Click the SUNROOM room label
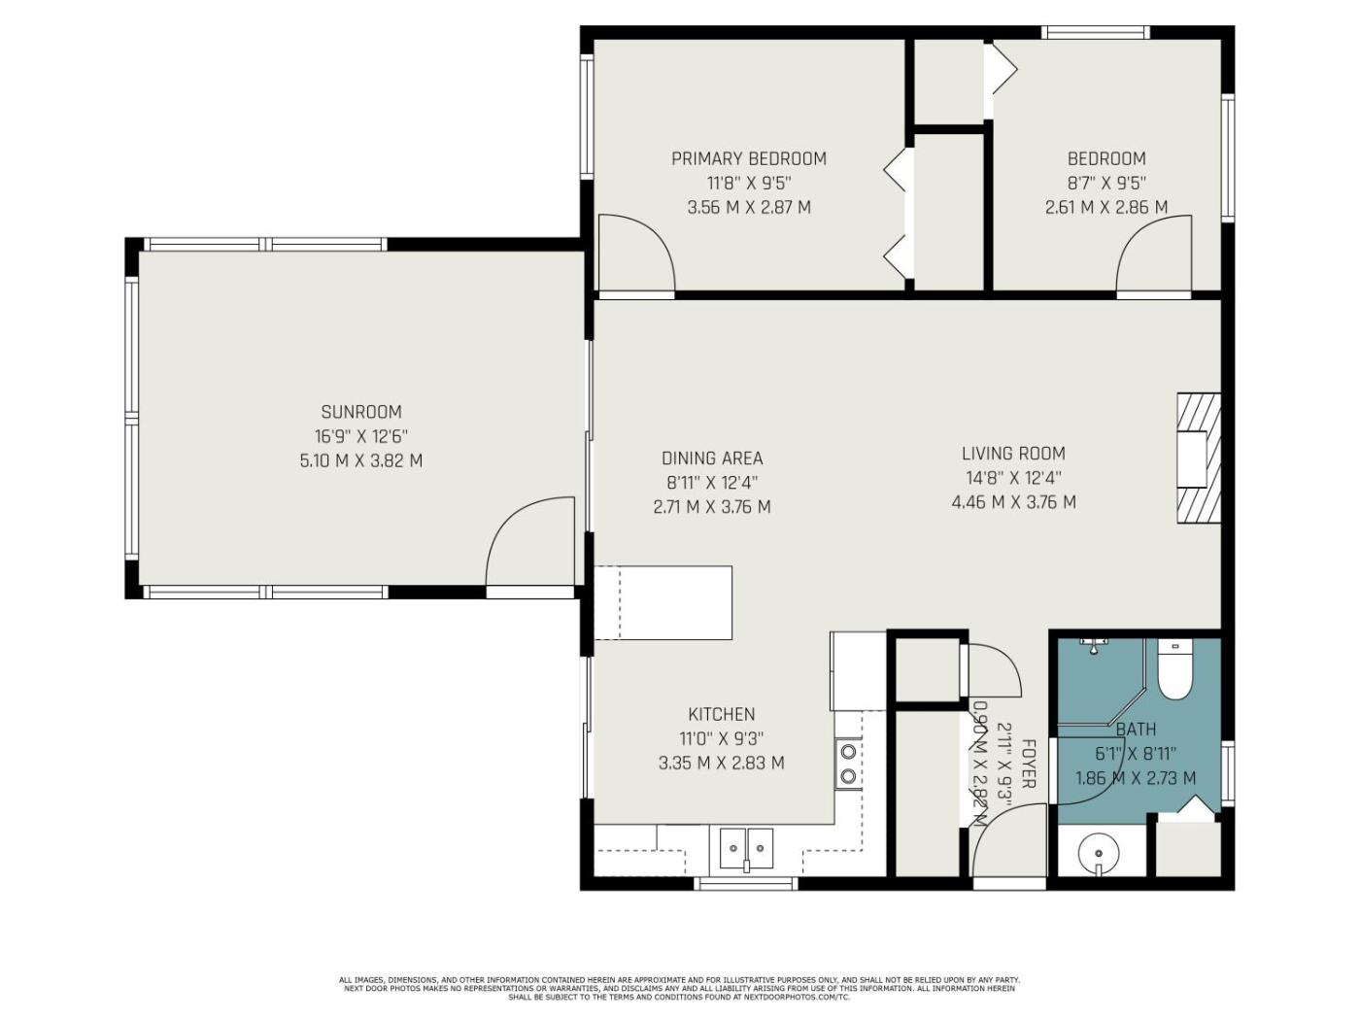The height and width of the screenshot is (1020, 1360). click(x=361, y=412)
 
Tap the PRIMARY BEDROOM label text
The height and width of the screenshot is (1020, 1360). click(x=749, y=158)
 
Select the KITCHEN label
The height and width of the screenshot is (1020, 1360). click(x=722, y=715)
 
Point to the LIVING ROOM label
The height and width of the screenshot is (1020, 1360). click(x=1013, y=454)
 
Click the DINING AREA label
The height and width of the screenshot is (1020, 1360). click(x=712, y=459)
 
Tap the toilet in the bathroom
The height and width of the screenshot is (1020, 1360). click(x=1174, y=669)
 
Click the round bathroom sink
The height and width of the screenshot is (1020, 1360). click(x=1099, y=854)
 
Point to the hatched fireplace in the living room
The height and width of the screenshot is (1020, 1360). click(x=1199, y=459)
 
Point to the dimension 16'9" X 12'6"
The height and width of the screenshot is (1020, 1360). click(x=361, y=436)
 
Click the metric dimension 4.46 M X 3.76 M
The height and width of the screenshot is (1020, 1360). click(x=1013, y=502)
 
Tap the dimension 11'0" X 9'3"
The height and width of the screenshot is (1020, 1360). click(x=722, y=739)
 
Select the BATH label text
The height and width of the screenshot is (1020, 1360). click(x=1136, y=730)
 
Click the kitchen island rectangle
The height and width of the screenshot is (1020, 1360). click(x=663, y=602)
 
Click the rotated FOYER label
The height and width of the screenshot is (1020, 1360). click(x=1027, y=764)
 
